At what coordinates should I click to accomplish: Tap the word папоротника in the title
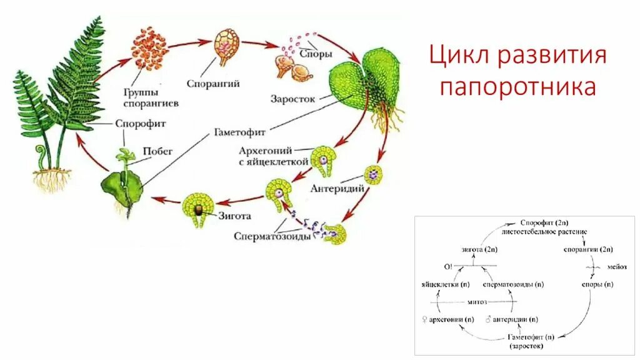517,87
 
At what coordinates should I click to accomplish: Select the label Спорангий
213,82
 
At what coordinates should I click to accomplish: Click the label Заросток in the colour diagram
292,99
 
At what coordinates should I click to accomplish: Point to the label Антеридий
332,187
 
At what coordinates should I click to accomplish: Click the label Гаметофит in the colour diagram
241,132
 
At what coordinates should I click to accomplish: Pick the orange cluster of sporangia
149,50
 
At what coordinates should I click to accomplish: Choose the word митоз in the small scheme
477,301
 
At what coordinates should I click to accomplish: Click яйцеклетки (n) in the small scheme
445,284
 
